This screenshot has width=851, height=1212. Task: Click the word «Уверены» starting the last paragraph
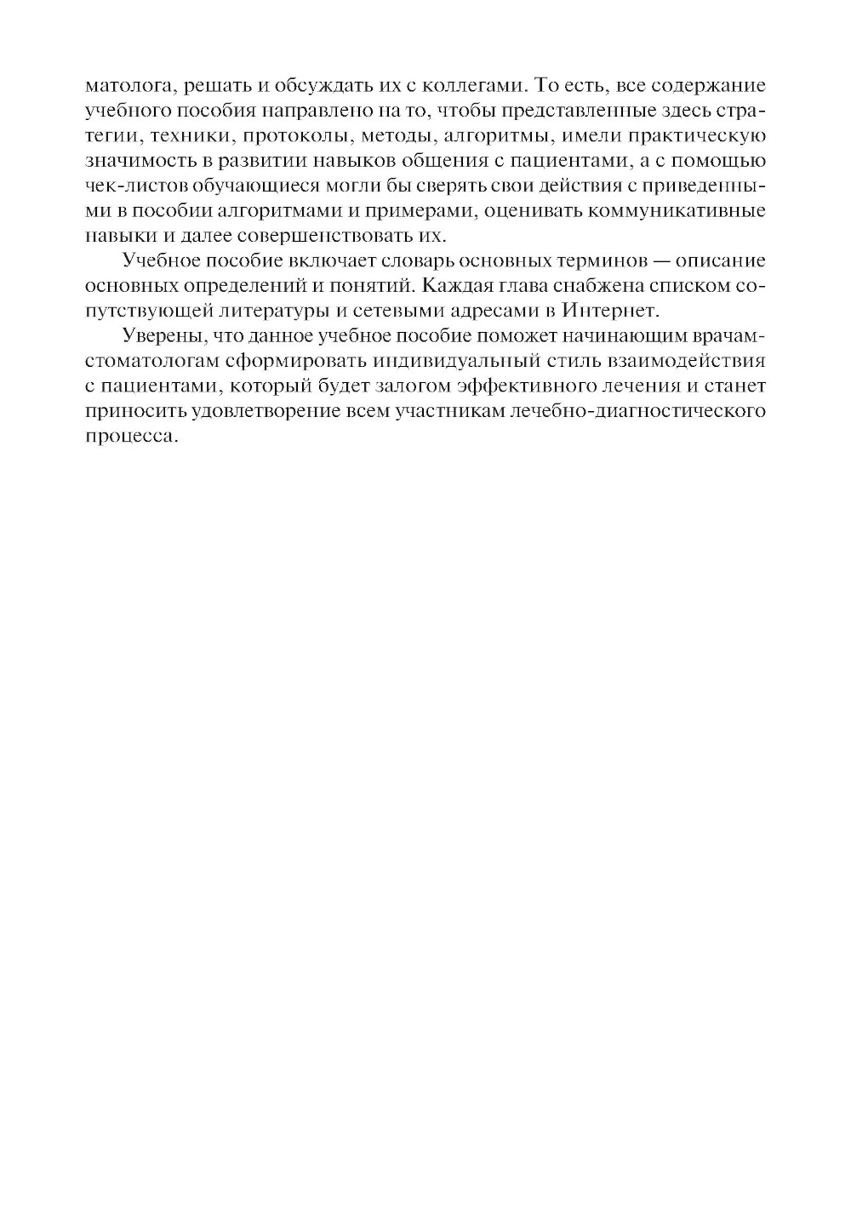(x=163, y=335)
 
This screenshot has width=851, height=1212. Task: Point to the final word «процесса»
(x=133, y=435)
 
